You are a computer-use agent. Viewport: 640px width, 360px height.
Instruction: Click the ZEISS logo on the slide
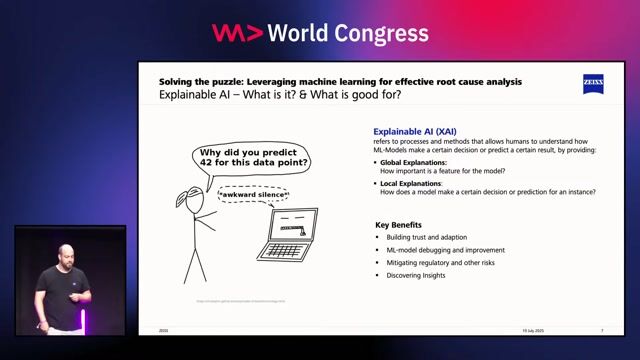[593, 83]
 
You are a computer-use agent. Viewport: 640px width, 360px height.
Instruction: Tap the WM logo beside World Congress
[238, 33]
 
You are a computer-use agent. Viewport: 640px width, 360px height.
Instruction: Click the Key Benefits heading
[398, 225]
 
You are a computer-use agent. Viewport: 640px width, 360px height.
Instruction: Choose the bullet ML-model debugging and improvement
[439, 250]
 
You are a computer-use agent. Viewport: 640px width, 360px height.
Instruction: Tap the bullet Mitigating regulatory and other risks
[439, 263]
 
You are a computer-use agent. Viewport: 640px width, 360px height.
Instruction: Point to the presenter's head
[65, 252]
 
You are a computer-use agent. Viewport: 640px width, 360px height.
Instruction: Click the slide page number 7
[602, 330]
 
